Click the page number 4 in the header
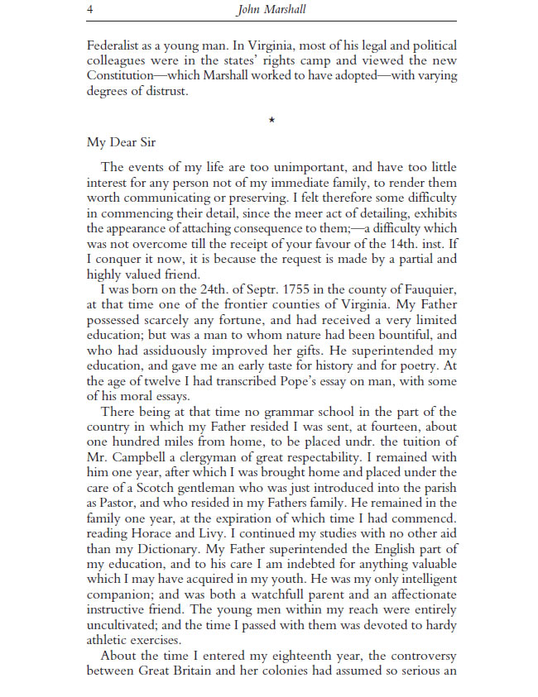89,9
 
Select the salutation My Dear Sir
121,141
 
